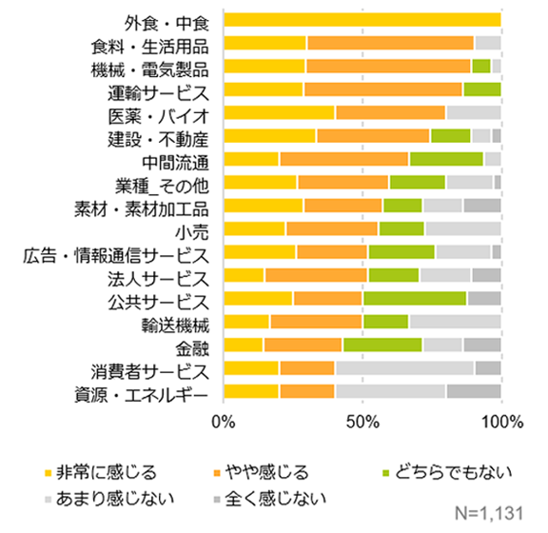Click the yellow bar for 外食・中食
362,20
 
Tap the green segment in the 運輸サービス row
481,89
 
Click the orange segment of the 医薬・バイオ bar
390,113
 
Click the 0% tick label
224,422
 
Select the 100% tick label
500,422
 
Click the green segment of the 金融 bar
382,345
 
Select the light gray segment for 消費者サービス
404,368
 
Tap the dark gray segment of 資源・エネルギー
473,391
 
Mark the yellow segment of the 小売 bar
254,228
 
